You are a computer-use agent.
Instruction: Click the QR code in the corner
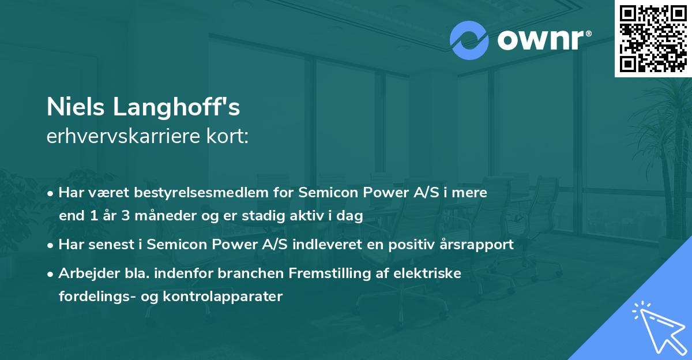[x=653, y=38]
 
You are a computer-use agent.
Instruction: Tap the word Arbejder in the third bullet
[x=85, y=273]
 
